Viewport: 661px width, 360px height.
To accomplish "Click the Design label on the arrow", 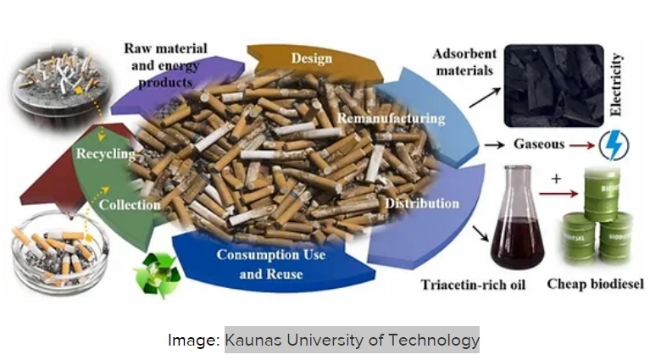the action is [311, 58].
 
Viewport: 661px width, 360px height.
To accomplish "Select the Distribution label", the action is [422, 204].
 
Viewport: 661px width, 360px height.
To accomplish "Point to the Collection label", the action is [130, 204].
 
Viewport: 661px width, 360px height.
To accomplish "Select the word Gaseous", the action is [537, 145].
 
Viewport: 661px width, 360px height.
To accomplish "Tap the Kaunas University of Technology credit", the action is [352, 340].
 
